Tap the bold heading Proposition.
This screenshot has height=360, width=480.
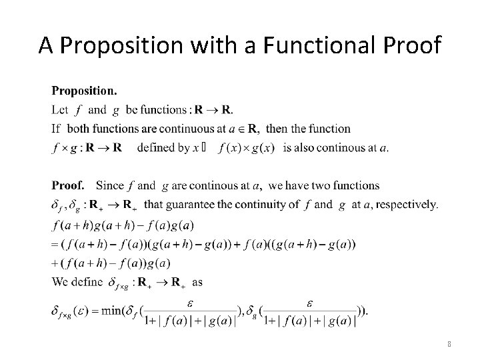(84, 89)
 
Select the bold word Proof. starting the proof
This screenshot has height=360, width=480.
(68, 185)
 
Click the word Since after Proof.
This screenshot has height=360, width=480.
(109, 186)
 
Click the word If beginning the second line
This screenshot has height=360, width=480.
(55, 129)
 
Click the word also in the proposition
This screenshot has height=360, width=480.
(309, 147)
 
